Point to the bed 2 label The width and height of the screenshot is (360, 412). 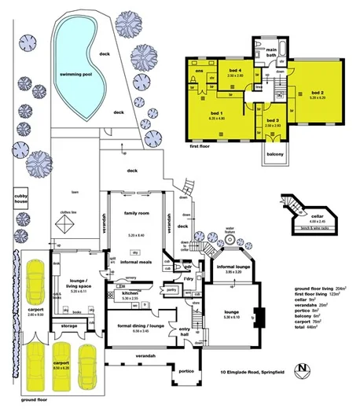click(317, 93)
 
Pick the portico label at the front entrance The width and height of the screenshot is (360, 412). click(186, 372)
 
